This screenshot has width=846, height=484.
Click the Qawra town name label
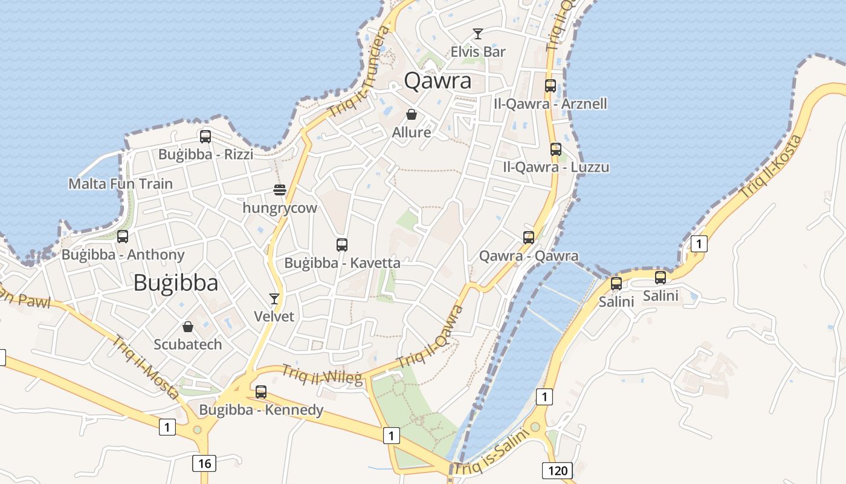coord(438,80)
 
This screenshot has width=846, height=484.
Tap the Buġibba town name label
coord(175,283)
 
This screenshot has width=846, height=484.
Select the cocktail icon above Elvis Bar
coord(478,34)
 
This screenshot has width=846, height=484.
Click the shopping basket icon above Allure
coord(412,114)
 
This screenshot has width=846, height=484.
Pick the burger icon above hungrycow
coord(279,190)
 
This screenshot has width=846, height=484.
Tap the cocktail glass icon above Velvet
coord(274,299)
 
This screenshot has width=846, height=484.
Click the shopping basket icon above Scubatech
coord(188,327)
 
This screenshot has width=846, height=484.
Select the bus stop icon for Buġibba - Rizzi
coord(205,137)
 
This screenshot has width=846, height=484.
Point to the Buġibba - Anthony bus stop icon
coord(123,237)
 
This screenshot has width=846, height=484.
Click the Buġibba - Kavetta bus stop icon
coord(342,245)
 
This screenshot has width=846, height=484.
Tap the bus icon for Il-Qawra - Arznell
coord(550,86)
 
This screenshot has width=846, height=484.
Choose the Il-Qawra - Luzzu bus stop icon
coord(555,149)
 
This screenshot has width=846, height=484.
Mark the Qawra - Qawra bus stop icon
coord(529,238)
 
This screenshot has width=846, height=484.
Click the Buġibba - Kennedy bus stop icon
coord(261,392)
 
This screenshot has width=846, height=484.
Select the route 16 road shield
coord(204,463)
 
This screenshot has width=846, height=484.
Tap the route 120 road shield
coord(557,470)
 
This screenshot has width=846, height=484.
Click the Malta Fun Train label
coord(120,184)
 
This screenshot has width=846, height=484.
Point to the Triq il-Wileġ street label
coord(322,375)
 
